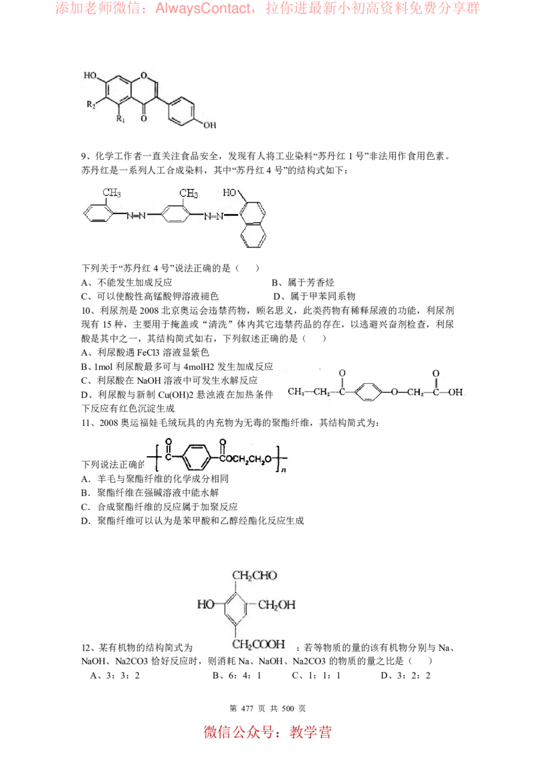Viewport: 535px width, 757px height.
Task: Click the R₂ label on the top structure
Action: click(x=91, y=104)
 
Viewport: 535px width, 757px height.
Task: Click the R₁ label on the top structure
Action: click(x=120, y=119)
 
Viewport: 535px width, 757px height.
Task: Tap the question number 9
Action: click(x=84, y=156)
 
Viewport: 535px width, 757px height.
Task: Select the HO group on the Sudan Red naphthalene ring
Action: click(x=229, y=193)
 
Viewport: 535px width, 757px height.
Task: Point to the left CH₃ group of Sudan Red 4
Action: click(x=112, y=193)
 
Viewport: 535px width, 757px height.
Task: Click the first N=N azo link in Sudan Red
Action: click(x=136, y=215)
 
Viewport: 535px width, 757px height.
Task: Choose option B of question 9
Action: click(x=303, y=282)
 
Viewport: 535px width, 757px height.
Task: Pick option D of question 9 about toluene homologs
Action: click(x=314, y=296)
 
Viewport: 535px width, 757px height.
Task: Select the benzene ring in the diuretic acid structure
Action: click(x=368, y=392)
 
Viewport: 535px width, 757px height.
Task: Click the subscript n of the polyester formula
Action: click(x=284, y=469)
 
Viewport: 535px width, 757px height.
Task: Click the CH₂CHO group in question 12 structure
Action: click(x=255, y=576)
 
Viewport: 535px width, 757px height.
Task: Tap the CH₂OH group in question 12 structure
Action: click(x=277, y=605)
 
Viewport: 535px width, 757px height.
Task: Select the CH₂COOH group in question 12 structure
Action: click(x=259, y=645)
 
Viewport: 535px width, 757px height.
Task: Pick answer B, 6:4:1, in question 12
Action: click(x=237, y=675)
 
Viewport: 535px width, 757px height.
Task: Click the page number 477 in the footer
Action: click(x=247, y=708)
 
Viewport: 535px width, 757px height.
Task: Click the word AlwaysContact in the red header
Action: click(x=203, y=8)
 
